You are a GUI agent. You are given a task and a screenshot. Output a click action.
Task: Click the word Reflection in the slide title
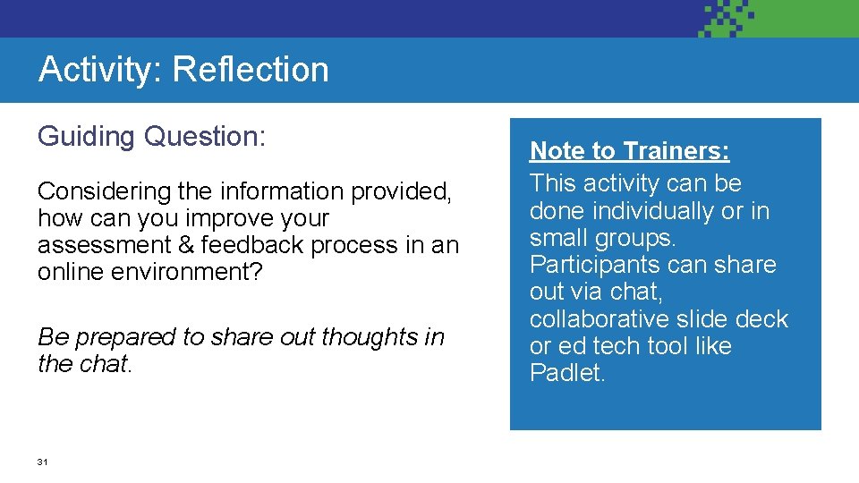pyautogui.click(x=251, y=70)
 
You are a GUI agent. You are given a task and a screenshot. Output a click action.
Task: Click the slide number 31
pyautogui.click(x=42, y=462)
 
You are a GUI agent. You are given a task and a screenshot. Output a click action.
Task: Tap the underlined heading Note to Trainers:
pyautogui.click(x=629, y=151)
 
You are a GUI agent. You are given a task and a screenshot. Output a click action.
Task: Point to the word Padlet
pyautogui.click(x=567, y=373)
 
